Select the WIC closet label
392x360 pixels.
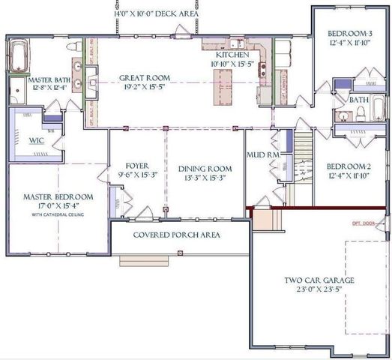35,140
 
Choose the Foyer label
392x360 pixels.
136,166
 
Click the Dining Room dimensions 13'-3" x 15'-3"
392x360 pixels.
204,178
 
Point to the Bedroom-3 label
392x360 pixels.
350,34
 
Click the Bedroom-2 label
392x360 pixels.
349,166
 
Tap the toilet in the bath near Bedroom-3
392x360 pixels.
360,113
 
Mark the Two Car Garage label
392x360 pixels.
319,281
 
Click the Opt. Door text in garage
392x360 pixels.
363,223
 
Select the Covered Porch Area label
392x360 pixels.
176,235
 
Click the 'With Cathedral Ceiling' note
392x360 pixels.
58,214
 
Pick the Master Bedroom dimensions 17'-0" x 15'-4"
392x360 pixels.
58,205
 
